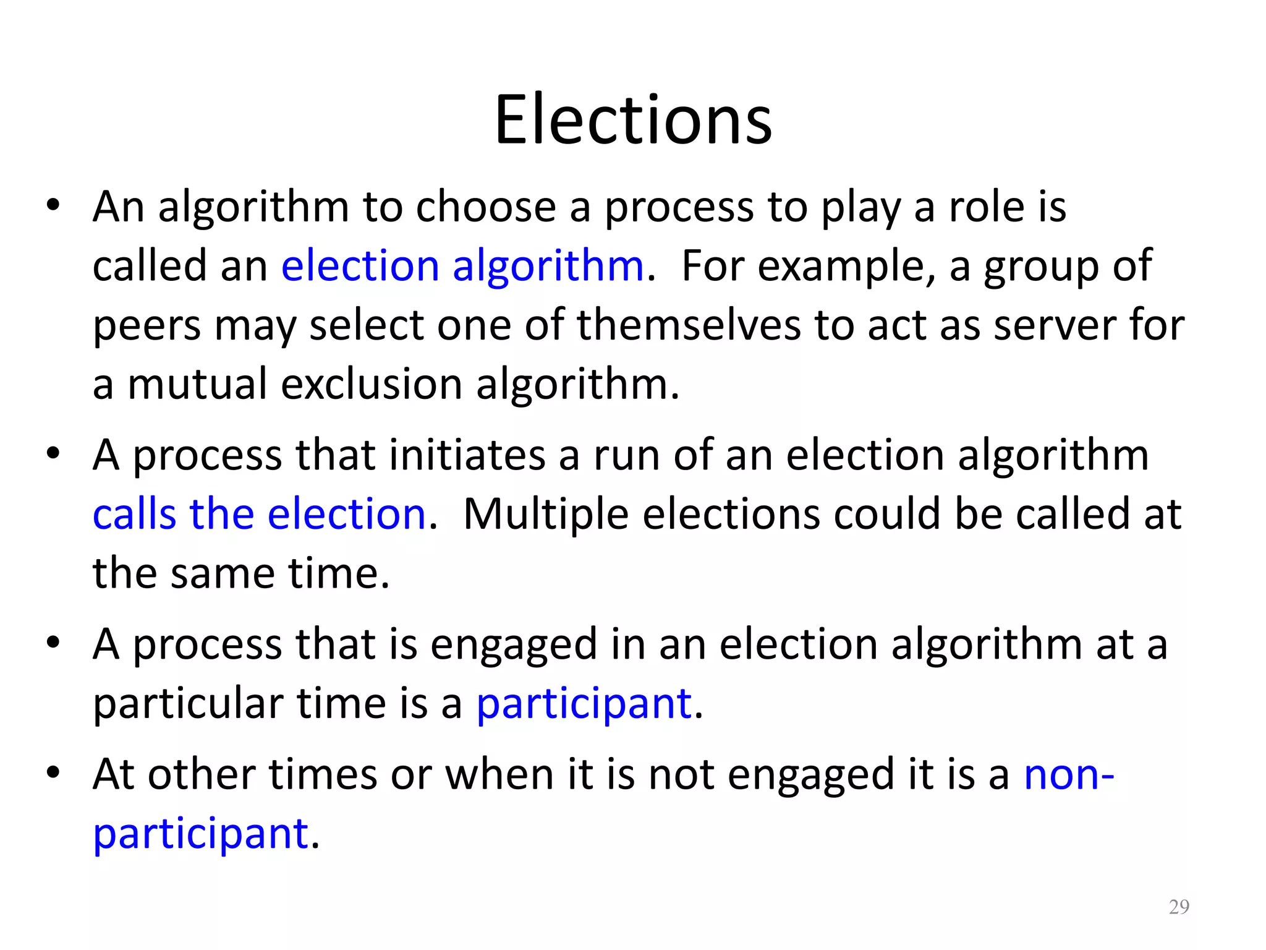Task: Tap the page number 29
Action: pos(1179,907)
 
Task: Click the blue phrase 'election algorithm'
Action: pos(462,267)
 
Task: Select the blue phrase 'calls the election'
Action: pos(259,515)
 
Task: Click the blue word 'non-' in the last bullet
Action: pos(1069,774)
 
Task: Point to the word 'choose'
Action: pos(485,207)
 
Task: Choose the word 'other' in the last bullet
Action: pos(202,774)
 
